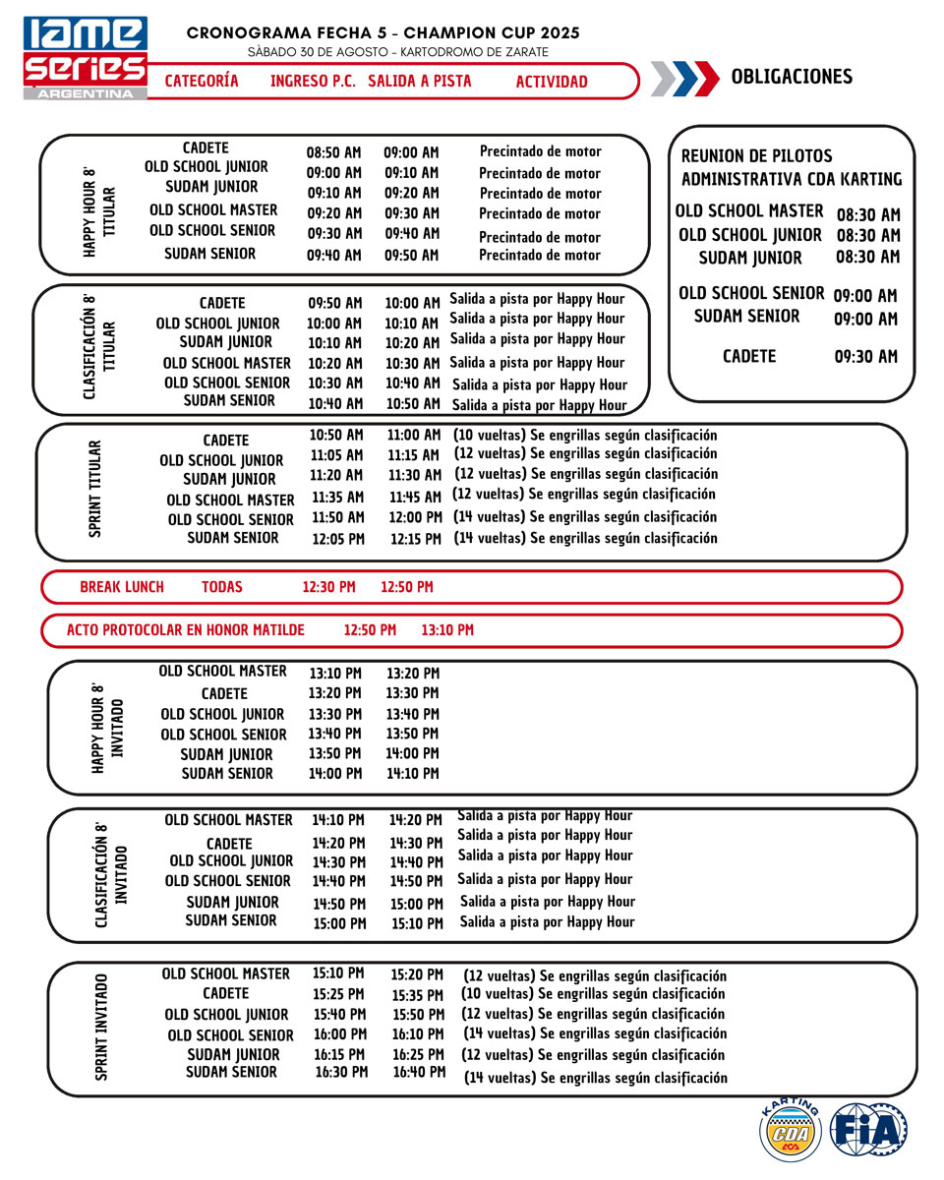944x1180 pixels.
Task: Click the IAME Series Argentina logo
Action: pos(86,57)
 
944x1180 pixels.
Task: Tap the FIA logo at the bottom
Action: pos(868,1129)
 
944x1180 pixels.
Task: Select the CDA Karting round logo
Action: pos(791,1129)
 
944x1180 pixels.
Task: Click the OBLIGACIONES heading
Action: pos(792,78)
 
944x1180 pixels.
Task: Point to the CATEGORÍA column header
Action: pos(202,82)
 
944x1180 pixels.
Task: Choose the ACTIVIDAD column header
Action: pos(552,83)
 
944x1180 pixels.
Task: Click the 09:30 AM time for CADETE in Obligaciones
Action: pos(865,357)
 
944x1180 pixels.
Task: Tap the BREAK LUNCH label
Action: pos(122,587)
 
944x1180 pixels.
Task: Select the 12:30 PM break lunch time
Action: pos(328,587)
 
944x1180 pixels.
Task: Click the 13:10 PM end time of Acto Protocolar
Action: pos(447,630)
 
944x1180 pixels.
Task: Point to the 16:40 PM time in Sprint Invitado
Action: pos(419,1072)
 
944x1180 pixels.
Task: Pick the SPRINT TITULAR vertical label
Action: pos(95,489)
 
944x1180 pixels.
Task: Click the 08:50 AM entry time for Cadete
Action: pos(333,152)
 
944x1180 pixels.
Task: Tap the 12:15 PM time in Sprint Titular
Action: pos(416,539)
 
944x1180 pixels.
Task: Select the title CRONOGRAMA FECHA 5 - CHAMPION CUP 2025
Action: pos(383,33)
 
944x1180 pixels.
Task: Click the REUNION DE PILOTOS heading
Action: pos(757,155)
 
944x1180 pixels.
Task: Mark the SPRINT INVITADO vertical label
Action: pos(102,1028)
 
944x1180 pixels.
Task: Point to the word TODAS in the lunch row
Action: pos(222,587)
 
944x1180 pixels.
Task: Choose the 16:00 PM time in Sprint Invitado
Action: pos(339,1034)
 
